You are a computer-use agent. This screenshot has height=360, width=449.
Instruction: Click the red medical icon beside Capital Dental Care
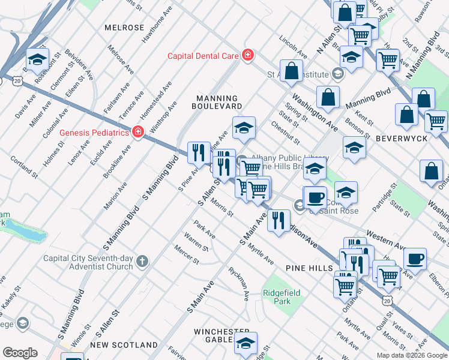pyautogui.click(x=247, y=56)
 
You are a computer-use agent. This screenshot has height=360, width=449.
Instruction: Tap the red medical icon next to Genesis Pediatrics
pyautogui.click(x=137, y=131)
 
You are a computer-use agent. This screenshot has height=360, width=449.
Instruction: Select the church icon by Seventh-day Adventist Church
pyautogui.click(x=142, y=260)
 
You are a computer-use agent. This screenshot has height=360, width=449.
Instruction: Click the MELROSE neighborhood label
pyautogui.click(x=124, y=28)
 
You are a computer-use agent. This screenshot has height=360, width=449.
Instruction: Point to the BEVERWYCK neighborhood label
pyautogui.click(x=401, y=138)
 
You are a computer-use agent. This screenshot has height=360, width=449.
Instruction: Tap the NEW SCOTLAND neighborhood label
pyautogui.click(x=124, y=345)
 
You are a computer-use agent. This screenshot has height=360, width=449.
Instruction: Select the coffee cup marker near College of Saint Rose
pyautogui.click(x=315, y=197)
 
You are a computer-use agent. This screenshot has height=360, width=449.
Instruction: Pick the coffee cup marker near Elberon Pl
pyautogui.click(x=415, y=259)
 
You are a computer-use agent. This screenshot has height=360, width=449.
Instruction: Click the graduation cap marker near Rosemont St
pyautogui.click(x=38, y=59)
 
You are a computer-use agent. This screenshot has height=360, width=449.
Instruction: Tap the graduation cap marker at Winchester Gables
pyautogui.click(x=246, y=343)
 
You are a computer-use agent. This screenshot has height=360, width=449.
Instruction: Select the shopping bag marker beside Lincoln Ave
pyautogui.click(x=291, y=71)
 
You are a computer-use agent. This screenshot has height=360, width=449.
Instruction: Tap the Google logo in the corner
pyautogui.click(x=20, y=353)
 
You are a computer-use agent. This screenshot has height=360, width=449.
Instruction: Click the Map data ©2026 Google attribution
pyautogui.click(x=412, y=355)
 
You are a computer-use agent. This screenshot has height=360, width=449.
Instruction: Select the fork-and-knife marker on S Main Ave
pyautogui.click(x=279, y=220)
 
